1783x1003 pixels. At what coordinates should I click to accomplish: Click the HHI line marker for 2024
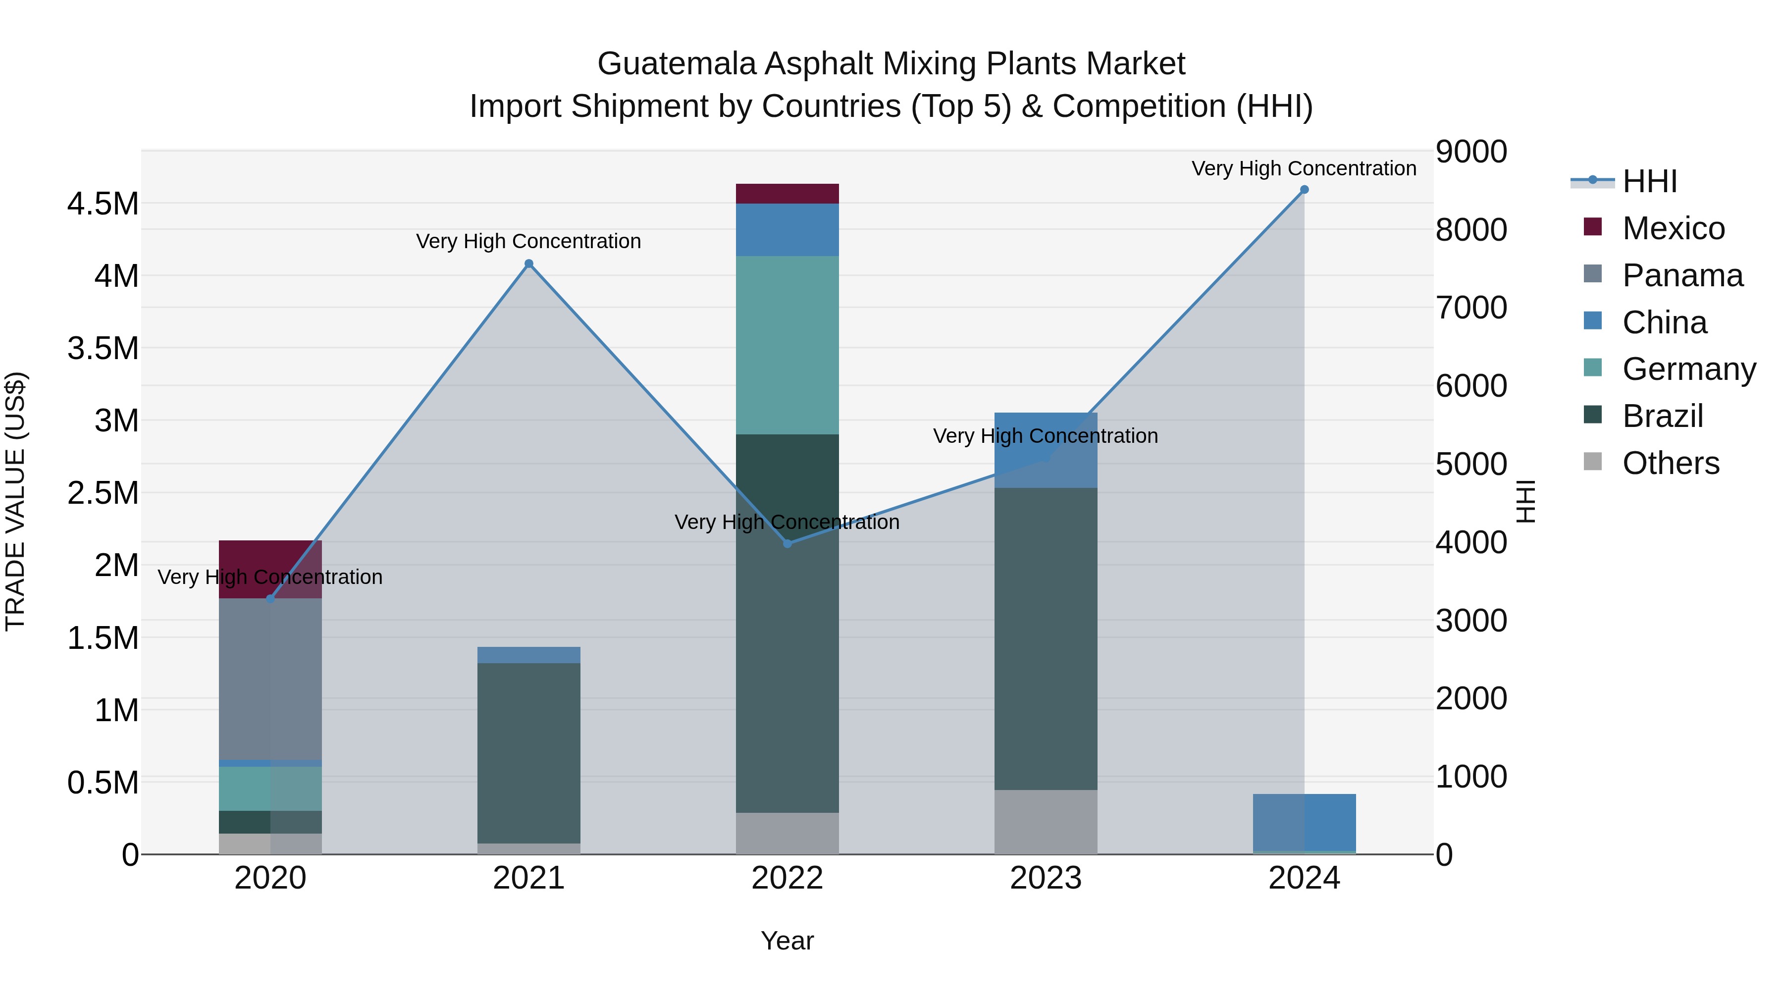point(1304,190)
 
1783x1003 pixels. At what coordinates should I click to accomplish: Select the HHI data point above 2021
point(529,264)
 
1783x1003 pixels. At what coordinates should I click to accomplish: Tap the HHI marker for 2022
point(787,543)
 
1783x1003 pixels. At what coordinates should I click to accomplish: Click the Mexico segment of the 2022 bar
point(787,194)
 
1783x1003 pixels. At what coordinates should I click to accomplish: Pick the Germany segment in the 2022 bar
point(787,345)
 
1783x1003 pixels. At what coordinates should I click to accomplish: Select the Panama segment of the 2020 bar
point(270,679)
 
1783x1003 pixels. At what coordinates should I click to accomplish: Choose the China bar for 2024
point(1304,822)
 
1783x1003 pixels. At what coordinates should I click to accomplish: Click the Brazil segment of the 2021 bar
point(529,752)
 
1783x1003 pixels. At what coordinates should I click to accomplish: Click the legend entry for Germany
point(1689,369)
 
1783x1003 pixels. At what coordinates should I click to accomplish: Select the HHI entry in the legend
point(1649,181)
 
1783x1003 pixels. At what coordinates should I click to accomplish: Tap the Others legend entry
point(1670,463)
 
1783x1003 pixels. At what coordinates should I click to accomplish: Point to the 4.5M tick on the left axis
point(103,204)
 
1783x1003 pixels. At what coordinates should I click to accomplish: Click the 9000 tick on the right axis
point(1471,152)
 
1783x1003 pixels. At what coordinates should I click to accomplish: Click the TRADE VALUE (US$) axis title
point(15,501)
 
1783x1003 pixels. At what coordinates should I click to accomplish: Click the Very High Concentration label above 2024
point(1304,168)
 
